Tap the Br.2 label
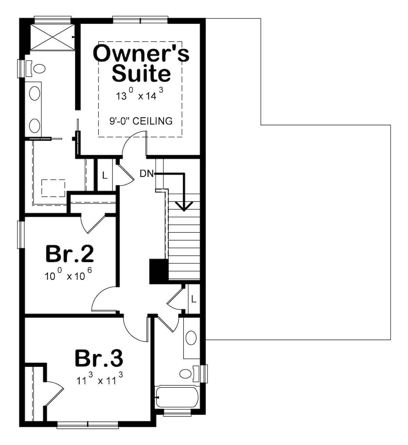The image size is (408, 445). coord(69,254)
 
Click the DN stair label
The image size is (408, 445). coord(147,174)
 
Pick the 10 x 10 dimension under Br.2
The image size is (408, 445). coord(68,276)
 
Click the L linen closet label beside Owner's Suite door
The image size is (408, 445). coord(105,175)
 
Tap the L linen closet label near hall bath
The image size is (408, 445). coord(194,299)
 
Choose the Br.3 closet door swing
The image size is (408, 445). coord(53,390)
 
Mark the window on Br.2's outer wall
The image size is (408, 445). coord(21,235)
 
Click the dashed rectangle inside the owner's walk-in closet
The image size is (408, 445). coord(53,188)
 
